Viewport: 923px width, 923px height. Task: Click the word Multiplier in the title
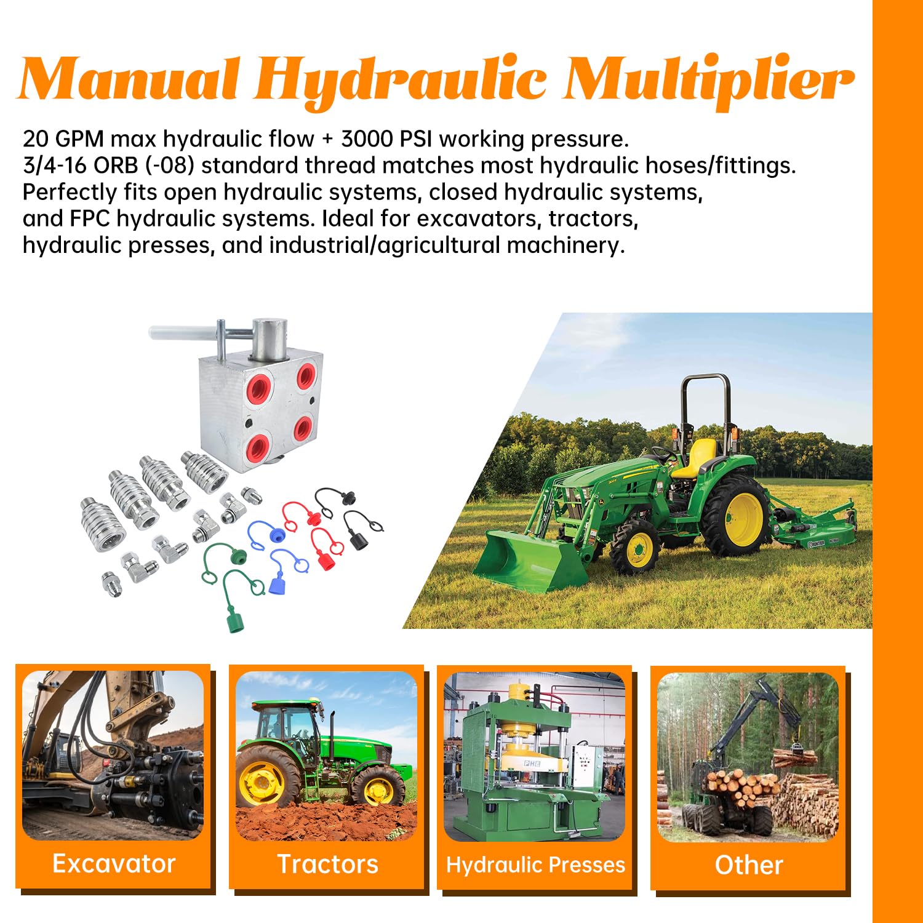(x=708, y=80)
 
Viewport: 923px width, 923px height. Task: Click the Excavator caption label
(x=114, y=864)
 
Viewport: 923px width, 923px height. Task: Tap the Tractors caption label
(x=327, y=864)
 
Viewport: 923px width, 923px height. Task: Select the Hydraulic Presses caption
(x=535, y=865)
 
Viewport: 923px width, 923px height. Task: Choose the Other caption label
(x=749, y=865)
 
